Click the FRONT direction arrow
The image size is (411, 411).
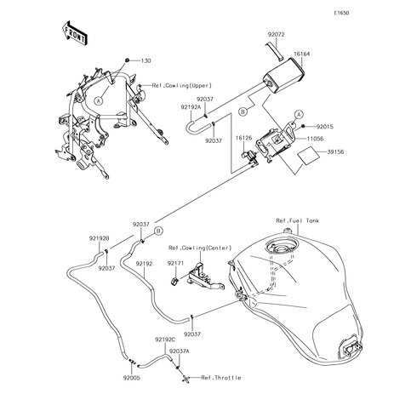[x=74, y=33]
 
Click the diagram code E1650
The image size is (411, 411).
[x=341, y=13]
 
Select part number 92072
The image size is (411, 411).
[x=277, y=35]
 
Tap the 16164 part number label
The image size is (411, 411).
[x=302, y=54]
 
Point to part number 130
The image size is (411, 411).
[x=146, y=60]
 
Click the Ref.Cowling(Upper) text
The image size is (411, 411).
[x=182, y=85]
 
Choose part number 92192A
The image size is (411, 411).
[x=191, y=107]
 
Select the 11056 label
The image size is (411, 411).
[x=315, y=139]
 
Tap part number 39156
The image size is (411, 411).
[x=335, y=152]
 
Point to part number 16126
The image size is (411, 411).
[x=243, y=138]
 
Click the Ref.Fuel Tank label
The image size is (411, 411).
[x=298, y=220]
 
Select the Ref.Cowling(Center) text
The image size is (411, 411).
[x=200, y=248]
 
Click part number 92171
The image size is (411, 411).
[x=175, y=263]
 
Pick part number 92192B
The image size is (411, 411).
[x=100, y=238]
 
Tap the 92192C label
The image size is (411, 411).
[x=165, y=340]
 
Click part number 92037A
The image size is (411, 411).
[x=180, y=351]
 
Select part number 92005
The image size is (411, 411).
[x=132, y=378]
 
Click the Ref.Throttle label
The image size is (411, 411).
[x=221, y=378]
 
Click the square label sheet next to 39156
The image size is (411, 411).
[x=308, y=155]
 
